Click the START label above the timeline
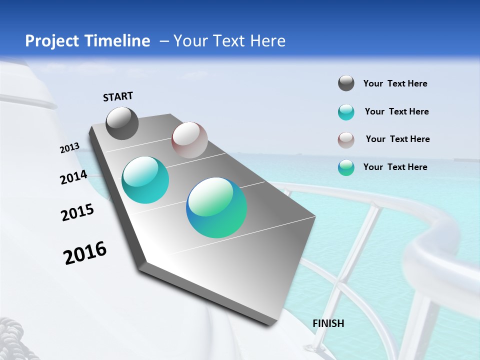[118, 96]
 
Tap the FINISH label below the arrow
[328, 323]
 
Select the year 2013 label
[70, 148]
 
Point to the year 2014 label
[74, 177]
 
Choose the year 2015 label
[77, 212]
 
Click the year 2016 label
[85, 252]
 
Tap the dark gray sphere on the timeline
[122, 123]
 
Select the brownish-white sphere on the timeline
[189, 139]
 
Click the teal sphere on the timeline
[145, 180]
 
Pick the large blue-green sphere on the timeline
[216, 207]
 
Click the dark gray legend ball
[346, 83]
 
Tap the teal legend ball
[346, 112]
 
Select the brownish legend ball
[346, 140]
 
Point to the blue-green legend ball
[346, 167]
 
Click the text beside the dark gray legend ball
[395, 83]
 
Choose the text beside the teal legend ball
[396, 111]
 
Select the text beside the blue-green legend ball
[395, 167]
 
